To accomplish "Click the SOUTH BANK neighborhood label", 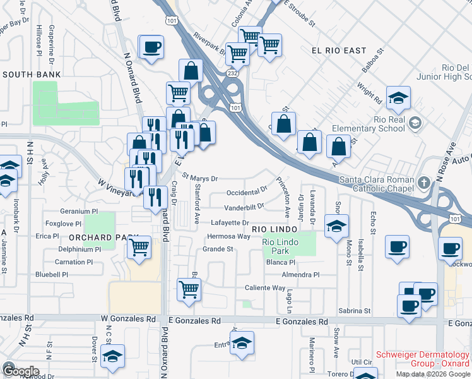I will [32, 75].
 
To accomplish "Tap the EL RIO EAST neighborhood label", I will [339, 50].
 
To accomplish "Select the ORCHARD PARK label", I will [94, 238].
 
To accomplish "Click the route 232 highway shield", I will [233, 74].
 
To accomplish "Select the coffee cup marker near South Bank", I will [151, 47].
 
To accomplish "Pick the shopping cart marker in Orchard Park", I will [139, 246].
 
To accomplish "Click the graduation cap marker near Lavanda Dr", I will [337, 225].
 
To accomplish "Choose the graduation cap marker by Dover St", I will [113, 356].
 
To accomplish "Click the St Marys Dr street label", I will [200, 178].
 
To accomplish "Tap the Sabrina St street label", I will [354, 311].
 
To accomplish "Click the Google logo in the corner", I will [21, 371].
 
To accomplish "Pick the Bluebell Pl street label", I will [51, 275].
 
